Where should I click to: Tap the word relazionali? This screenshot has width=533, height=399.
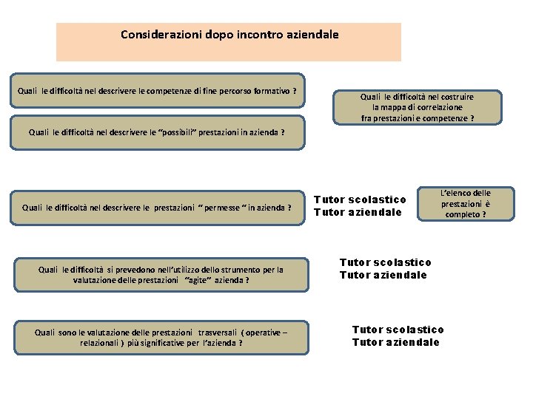click(101, 344)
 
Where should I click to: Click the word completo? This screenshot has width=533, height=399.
click(463, 214)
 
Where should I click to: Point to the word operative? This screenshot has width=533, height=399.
click(259, 332)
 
